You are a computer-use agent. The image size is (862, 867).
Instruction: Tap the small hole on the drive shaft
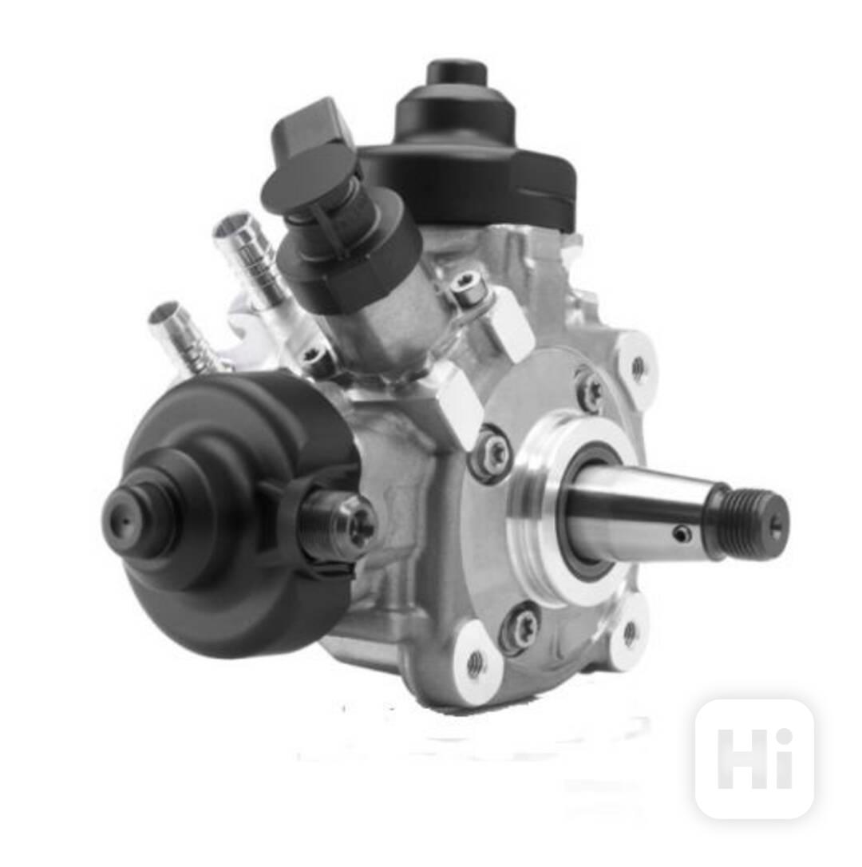tap(682, 532)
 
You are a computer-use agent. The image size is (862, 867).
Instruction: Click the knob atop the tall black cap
tap(457, 78)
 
